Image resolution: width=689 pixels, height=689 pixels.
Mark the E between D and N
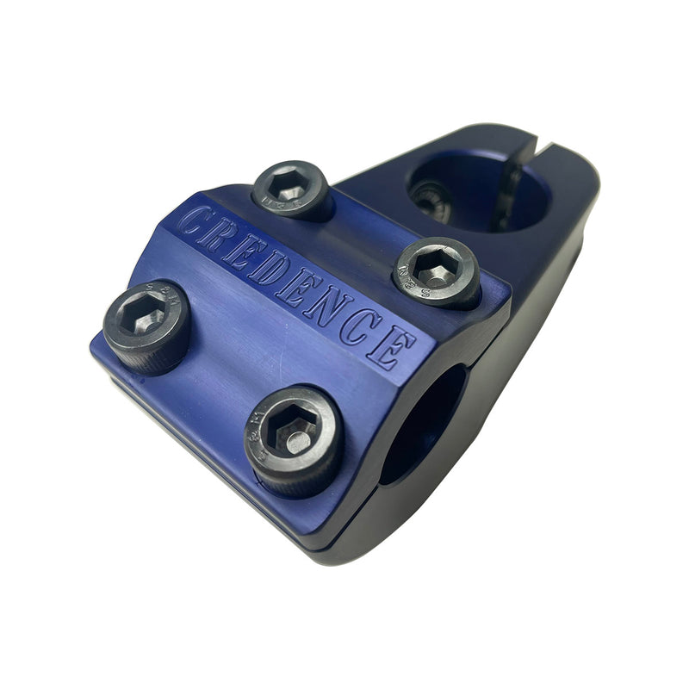297,283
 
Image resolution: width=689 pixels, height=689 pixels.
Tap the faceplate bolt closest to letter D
291,189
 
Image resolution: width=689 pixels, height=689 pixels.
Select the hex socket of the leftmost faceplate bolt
145,320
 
